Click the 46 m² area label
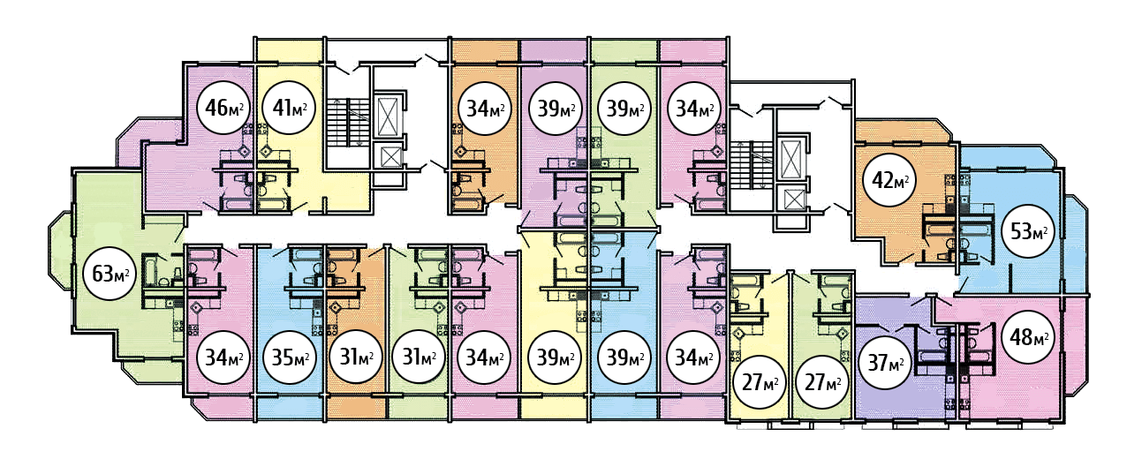(x=223, y=108)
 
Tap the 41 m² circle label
(x=289, y=108)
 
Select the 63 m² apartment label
(x=110, y=274)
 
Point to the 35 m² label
(x=290, y=357)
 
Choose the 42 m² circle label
(x=889, y=180)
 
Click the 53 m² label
(x=1028, y=231)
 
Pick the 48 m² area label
(x=1028, y=336)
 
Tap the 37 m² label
(x=885, y=363)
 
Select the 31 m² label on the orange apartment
(x=356, y=357)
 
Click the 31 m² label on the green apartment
(x=419, y=357)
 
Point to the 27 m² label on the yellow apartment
(x=760, y=382)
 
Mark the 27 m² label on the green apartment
(x=822, y=382)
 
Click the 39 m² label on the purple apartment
(x=556, y=108)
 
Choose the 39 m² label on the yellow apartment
(x=556, y=357)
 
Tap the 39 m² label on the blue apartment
(x=625, y=357)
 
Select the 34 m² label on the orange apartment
(x=484, y=108)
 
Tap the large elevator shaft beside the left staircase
(x=389, y=115)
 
